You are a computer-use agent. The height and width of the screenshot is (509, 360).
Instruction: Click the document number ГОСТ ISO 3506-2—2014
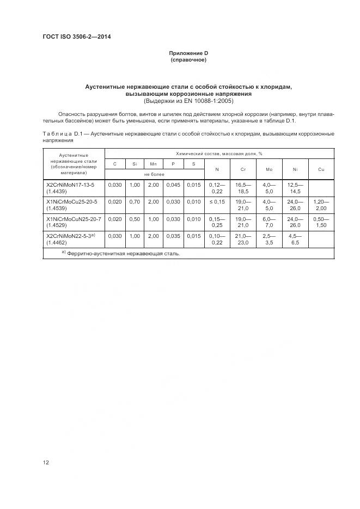[72, 36]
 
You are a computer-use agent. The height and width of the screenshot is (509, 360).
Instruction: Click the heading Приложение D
[188, 53]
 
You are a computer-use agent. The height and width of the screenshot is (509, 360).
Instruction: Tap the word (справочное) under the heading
[188, 59]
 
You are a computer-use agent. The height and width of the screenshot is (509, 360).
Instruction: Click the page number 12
[46, 463]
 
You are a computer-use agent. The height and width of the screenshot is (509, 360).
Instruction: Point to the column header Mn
[153, 164]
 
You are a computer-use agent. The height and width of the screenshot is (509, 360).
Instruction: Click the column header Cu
[321, 169]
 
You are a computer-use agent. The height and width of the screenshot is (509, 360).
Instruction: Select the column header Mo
[269, 169]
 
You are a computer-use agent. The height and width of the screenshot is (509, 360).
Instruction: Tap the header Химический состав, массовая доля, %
[219, 154]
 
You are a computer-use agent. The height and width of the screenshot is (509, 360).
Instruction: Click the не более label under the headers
[154, 174]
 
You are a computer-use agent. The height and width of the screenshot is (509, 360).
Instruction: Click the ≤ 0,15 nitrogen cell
[217, 202]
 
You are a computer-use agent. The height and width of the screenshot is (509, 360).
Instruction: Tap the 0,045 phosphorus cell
[173, 185]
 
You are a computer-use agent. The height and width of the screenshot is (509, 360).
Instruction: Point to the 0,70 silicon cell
[134, 202]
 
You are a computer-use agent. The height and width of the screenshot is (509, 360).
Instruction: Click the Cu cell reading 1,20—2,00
[321, 205]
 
